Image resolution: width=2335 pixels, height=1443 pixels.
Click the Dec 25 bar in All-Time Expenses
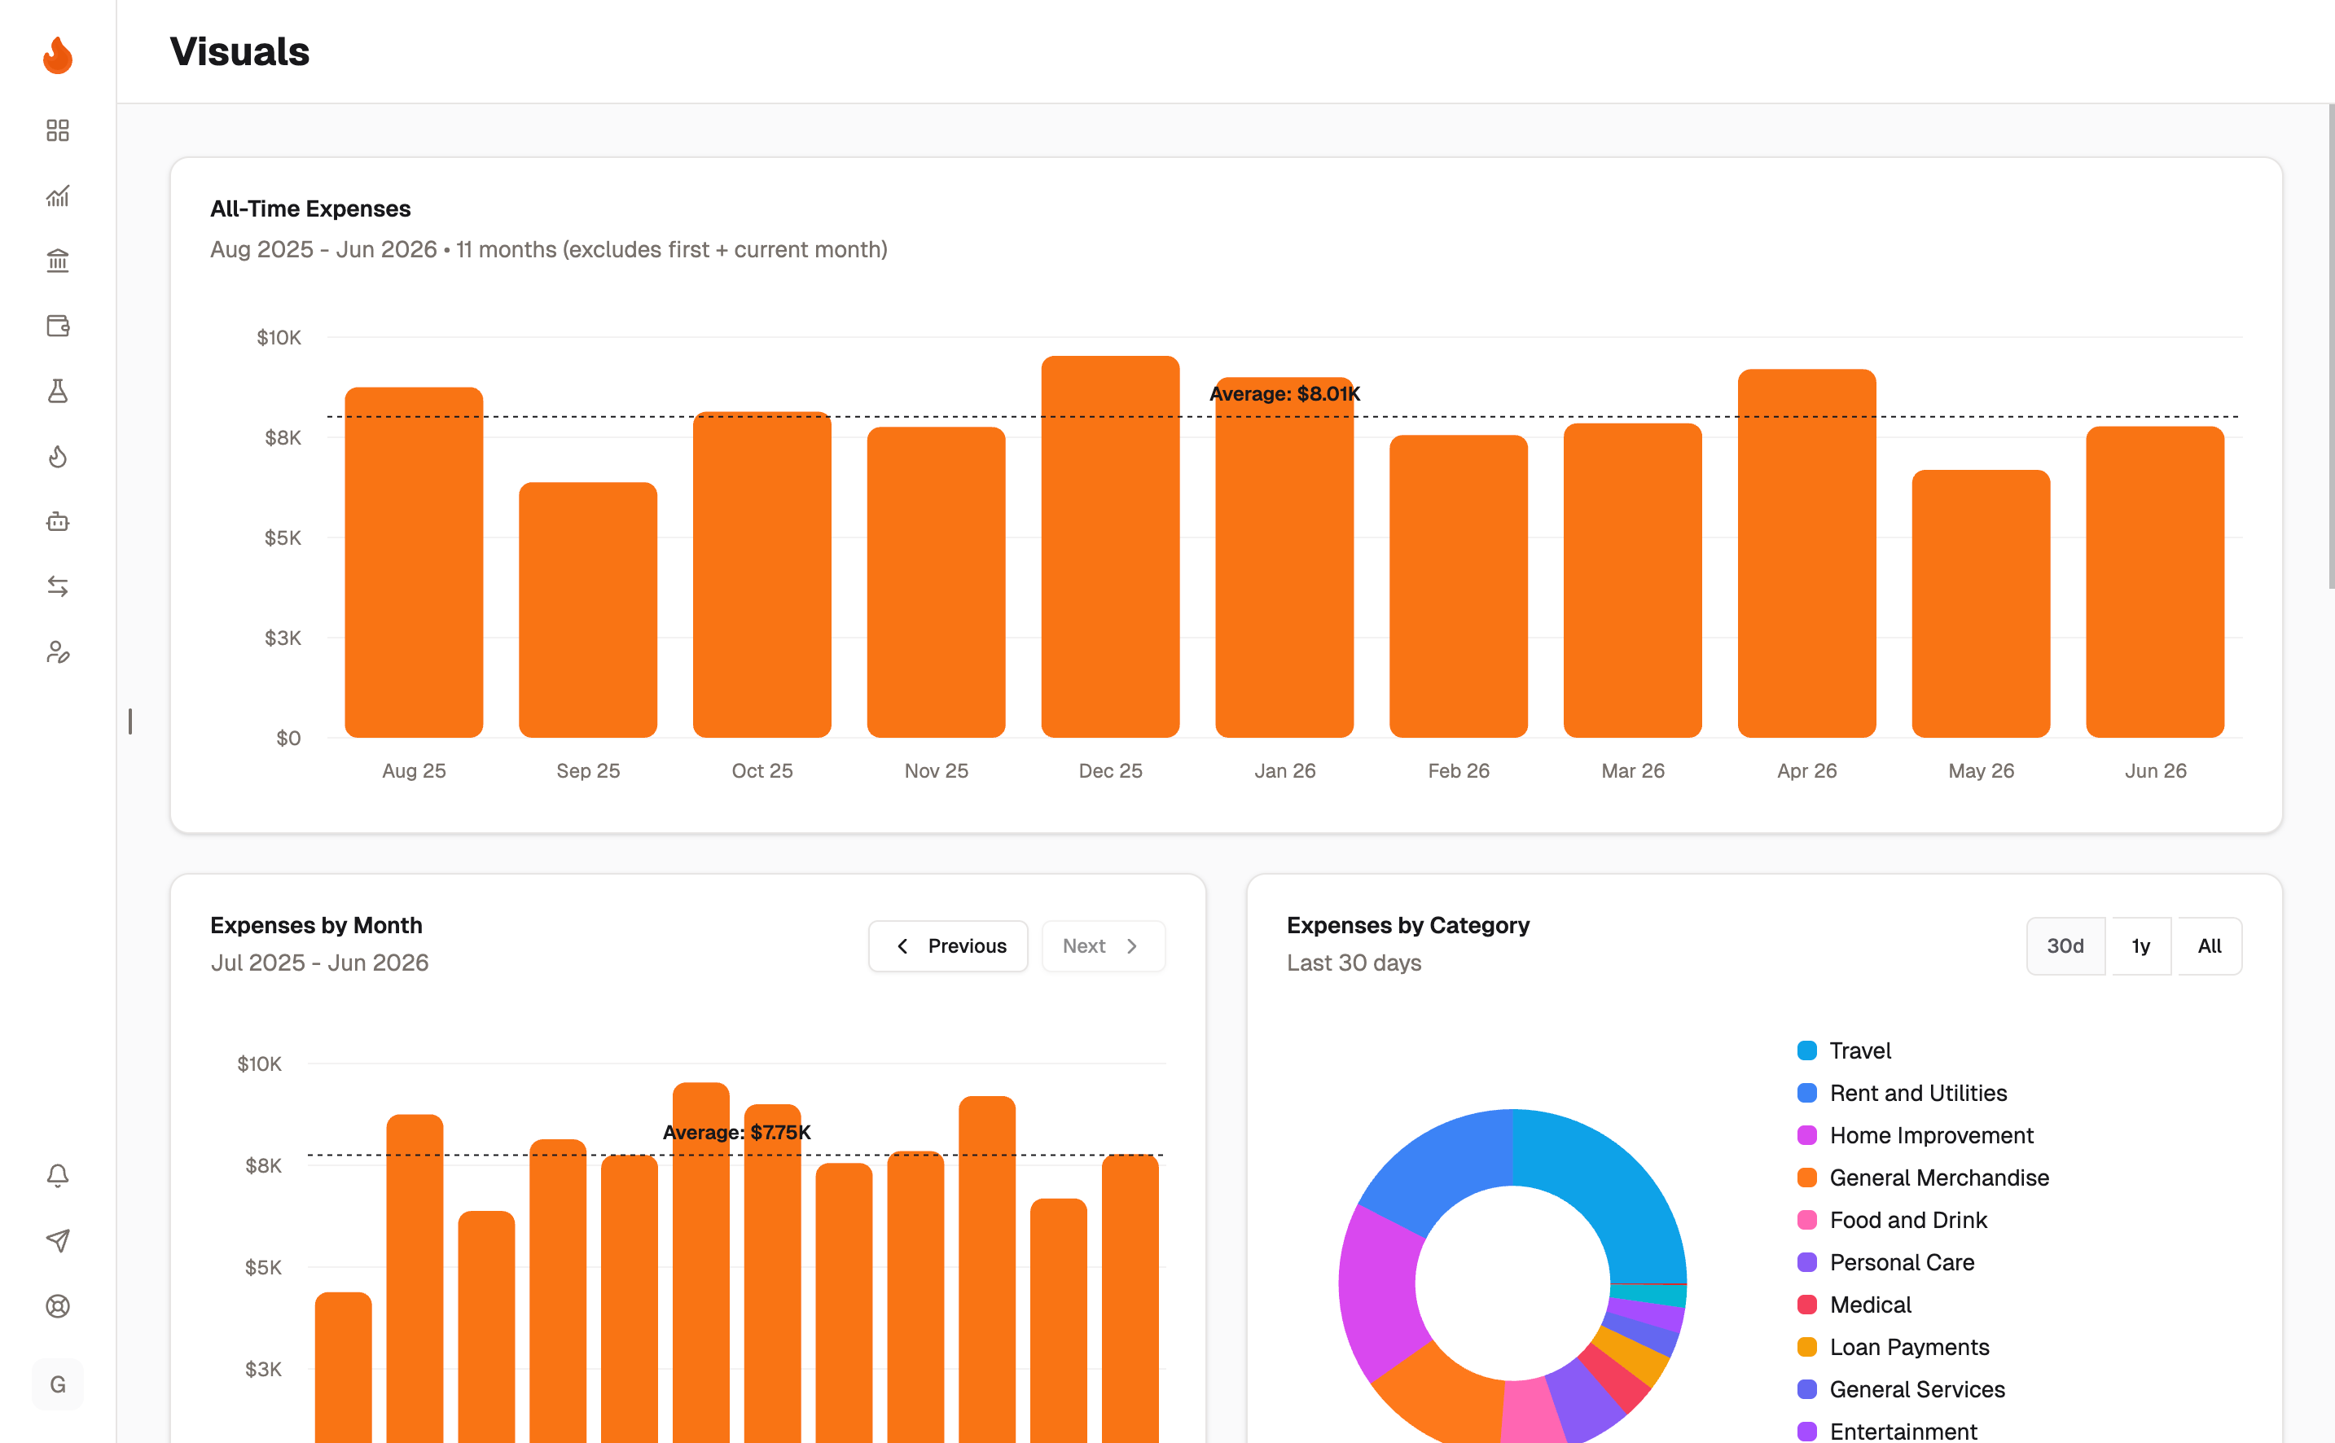[1110, 547]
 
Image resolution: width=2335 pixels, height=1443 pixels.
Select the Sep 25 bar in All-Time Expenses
[588, 610]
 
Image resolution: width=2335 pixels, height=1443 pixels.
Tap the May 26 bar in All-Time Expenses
[1981, 603]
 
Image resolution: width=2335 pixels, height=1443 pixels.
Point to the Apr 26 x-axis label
[1806, 771]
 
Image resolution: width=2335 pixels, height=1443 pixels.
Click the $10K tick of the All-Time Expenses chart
[279, 338]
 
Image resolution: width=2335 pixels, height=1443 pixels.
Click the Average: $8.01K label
[1284, 393]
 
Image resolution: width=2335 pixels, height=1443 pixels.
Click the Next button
[1103, 945]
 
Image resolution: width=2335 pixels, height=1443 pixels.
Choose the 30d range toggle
[2065, 945]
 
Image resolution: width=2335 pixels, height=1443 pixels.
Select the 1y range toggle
[2140, 945]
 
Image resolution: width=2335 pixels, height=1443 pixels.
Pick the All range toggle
[2209, 945]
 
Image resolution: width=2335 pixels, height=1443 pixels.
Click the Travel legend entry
[1844, 1050]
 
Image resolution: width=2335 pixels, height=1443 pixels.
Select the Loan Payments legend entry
[1894, 1348]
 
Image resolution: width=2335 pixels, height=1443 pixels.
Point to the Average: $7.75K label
[737, 1133]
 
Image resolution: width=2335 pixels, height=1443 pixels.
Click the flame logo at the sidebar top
[57, 55]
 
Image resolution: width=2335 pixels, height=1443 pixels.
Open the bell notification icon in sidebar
[57, 1175]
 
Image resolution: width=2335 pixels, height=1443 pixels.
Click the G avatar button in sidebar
[57, 1384]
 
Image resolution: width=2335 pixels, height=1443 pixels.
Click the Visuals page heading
[239, 51]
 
